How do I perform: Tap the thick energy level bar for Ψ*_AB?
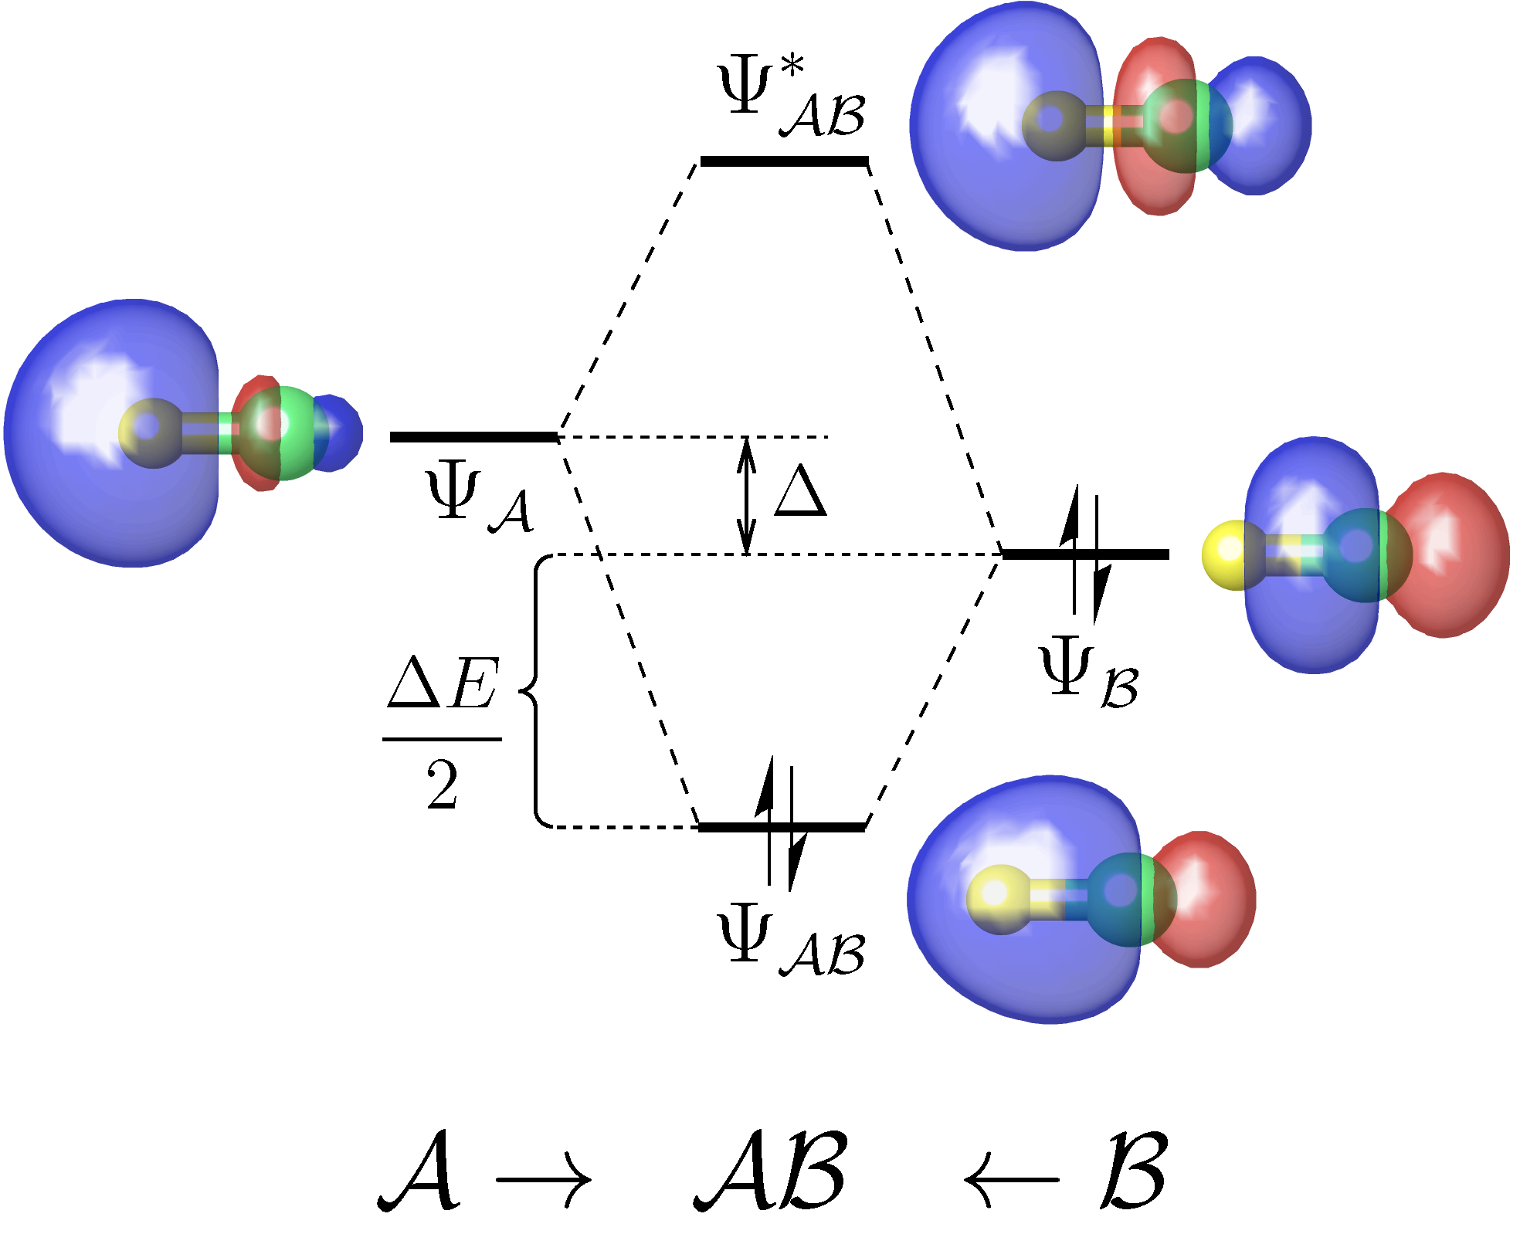point(784,161)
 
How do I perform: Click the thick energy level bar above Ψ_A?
point(473,437)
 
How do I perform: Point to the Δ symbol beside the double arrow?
point(801,492)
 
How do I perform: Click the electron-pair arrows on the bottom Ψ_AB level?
point(780,825)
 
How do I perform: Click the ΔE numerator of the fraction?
point(443,683)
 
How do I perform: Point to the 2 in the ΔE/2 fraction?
point(443,785)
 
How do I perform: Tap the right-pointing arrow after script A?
point(543,1179)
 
